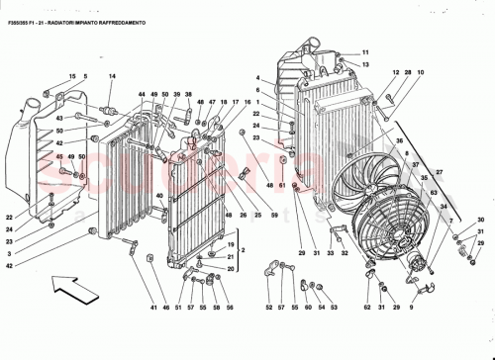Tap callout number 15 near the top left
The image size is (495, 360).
point(72,76)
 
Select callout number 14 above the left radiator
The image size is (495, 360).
point(112,76)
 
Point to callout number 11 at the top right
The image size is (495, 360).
point(364,51)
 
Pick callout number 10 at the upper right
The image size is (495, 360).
point(420,73)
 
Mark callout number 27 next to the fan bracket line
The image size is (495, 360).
point(439,173)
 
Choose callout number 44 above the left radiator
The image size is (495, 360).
point(142,94)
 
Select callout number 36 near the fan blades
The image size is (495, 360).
point(399,141)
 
